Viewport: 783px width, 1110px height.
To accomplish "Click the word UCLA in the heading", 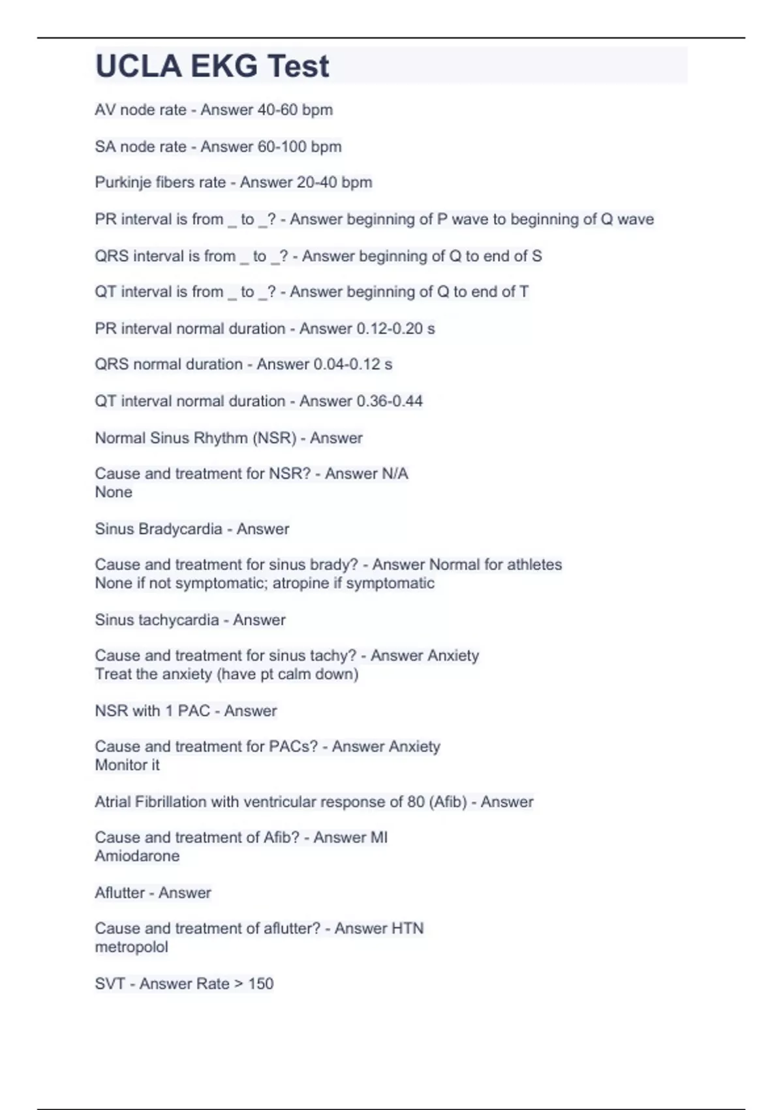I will [x=138, y=67].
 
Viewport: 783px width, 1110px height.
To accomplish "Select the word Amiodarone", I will [x=137, y=856].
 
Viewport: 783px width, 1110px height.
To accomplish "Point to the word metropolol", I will [x=131, y=947].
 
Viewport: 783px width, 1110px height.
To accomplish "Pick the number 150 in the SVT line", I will [x=261, y=983].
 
